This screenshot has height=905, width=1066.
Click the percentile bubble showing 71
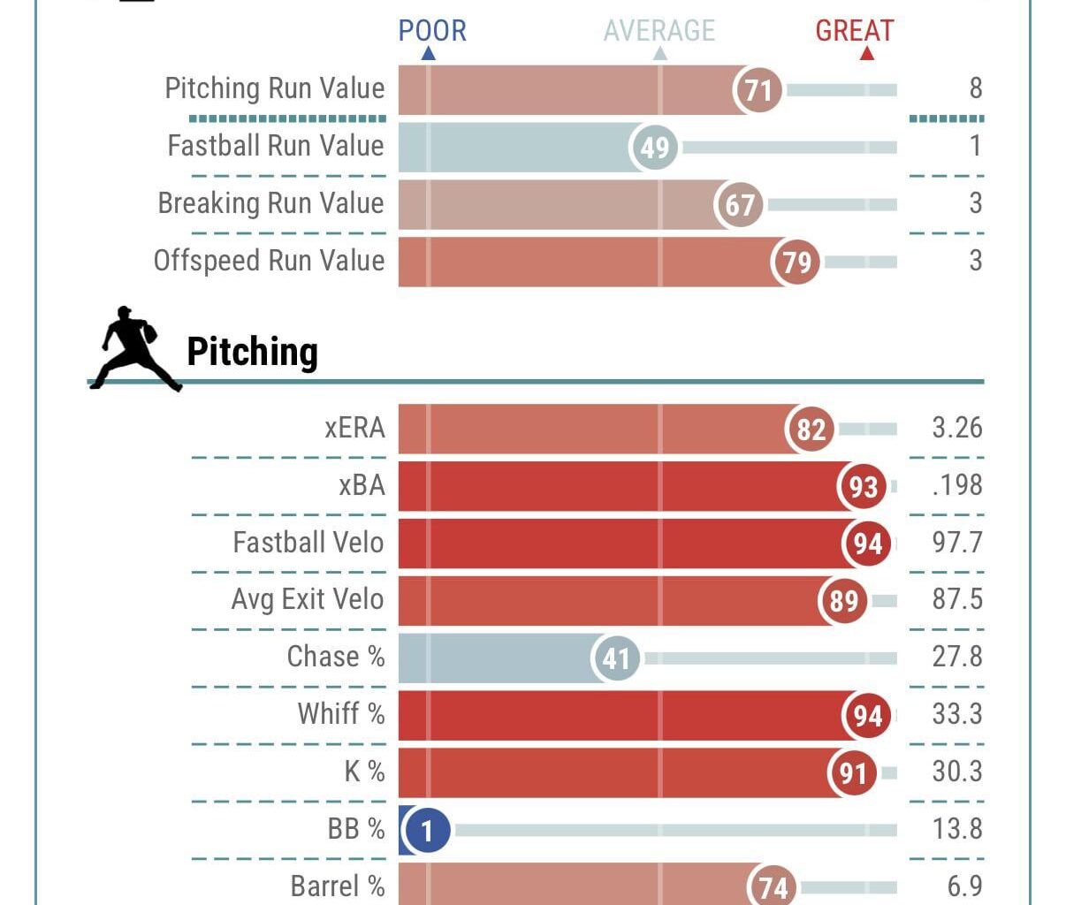(758, 90)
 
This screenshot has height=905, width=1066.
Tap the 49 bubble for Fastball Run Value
(654, 148)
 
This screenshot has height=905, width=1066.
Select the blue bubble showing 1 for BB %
(427, 831)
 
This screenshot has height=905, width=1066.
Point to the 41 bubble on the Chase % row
(616, 658)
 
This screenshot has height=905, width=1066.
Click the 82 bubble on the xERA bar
(811, 430)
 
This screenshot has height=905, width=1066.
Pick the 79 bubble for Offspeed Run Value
(796, 262)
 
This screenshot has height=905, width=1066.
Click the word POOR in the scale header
(432, 31)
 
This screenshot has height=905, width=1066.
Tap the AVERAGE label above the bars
(659, 31)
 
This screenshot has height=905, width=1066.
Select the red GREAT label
(854, 31)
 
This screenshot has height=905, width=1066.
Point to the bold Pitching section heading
(252, 352)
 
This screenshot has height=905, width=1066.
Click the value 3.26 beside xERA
(956, 428)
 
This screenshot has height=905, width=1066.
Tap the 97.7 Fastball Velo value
(956, 543)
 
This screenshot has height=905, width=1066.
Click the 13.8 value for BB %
(956, 829)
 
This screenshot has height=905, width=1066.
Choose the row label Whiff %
(340, 714)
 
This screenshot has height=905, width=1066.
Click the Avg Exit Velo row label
(308, 599)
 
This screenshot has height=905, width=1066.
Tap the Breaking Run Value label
(270, 203)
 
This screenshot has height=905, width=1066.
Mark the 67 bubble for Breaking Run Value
(739, 205)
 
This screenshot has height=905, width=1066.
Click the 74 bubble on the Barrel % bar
(773, 886)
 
